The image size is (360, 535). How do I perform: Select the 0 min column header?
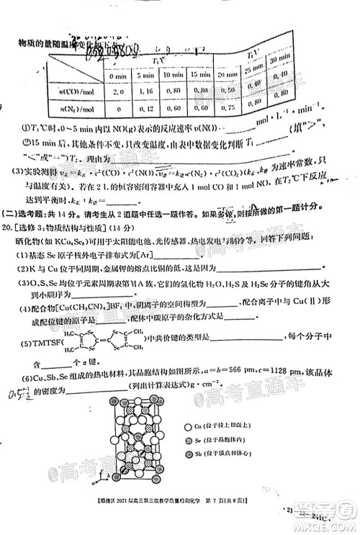pyautogui.click(x=115, y=75)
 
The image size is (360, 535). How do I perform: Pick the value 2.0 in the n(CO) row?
pyautogui.click(x=115, y=91)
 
